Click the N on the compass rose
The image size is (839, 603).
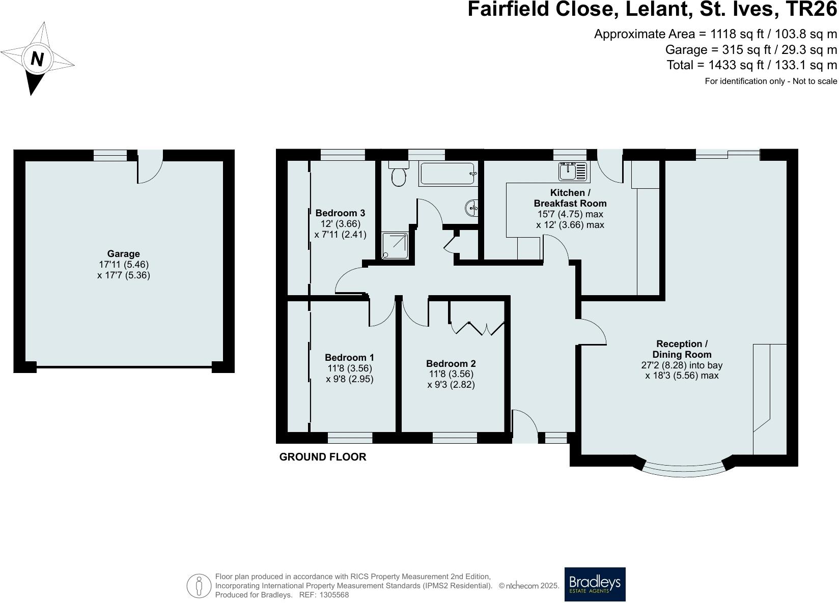[37, 59]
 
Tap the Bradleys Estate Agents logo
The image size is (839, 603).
[595, 584]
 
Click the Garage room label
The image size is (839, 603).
[123, 254]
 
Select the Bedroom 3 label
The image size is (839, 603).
[340, 213]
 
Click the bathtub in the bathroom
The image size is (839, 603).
[449, 174]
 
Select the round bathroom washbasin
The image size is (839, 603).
[471, 207]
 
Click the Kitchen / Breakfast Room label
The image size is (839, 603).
[570, 198]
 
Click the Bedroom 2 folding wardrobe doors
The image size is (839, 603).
[477, 328]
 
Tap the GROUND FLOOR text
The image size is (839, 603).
[323, 457]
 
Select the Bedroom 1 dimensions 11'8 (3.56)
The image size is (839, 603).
[349, 368]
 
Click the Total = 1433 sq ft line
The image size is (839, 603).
[751, 65]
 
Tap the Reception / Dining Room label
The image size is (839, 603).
[682, 349]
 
